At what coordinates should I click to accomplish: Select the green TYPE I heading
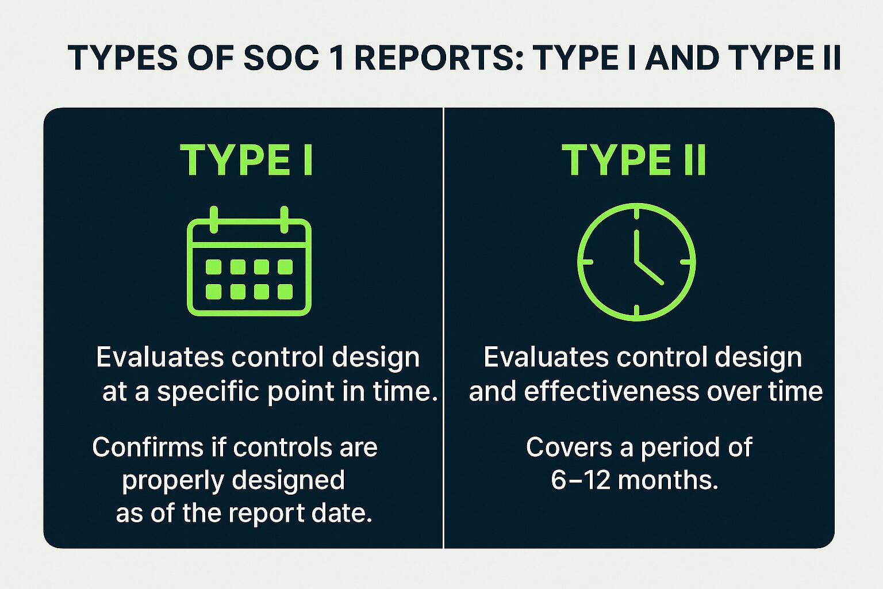coord(247,160)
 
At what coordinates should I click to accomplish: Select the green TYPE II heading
coord(634,160)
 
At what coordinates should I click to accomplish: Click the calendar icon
coord(249,262)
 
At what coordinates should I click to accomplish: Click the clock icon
coord(636,262)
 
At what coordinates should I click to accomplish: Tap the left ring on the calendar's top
coord(214,219)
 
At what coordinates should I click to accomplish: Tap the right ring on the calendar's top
coord(284,219)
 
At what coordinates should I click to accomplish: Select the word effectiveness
coord(612,392)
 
